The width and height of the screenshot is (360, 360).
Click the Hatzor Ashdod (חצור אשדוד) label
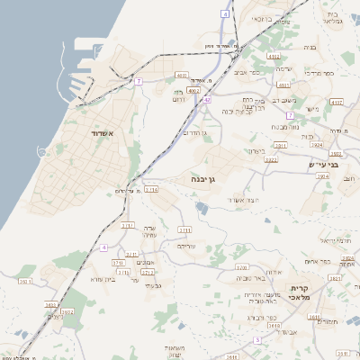click(x=243, y=200)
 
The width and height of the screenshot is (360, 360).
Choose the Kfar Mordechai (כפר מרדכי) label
click(x=320, y=71)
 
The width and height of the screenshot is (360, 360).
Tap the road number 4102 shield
click(x=193, y=90)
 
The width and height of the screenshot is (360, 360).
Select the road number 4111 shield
click(x=274, y=56)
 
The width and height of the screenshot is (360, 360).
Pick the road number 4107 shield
click(x=337, y=103)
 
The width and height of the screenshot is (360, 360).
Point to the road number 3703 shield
click(x=118, y=263)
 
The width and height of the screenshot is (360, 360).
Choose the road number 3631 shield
click(x=333, y=278)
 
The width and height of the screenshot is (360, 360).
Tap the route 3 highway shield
click(x=257, y=340)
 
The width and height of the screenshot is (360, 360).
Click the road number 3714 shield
click(x=150, y=190)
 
